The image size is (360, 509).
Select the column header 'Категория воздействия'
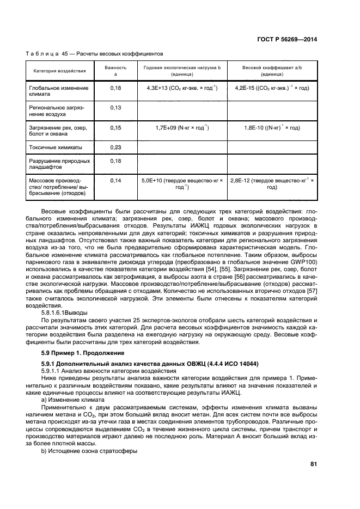tap(59, 71)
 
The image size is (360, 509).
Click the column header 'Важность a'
tap(115, 70)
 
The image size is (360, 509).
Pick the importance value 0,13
tap(115, 108)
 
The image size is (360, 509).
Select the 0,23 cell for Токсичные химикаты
tap(115, 147)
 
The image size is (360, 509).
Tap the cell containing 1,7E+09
tap(182, 127)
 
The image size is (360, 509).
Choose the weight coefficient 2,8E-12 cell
tap(271, 183)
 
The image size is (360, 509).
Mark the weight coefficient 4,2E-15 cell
tap(271, 88)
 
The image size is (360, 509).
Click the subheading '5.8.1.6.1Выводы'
tap(64, 313)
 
